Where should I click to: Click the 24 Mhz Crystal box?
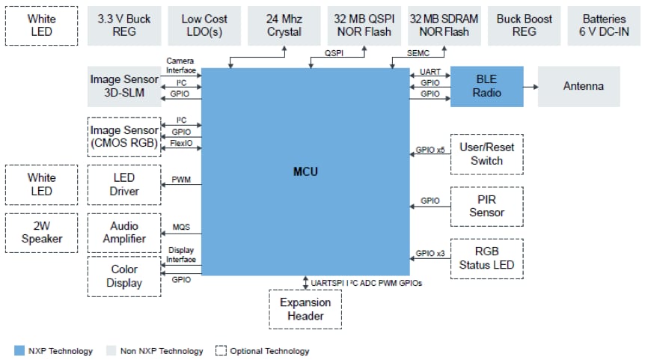284,25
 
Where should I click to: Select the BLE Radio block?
486,86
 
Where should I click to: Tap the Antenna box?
583,86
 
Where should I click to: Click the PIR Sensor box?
486,206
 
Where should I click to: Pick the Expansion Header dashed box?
306,309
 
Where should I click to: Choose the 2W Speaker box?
41,233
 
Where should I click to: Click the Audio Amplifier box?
124,233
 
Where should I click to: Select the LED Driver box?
124,185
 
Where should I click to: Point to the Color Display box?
124,276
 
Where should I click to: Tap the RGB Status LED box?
486,257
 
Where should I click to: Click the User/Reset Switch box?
486,154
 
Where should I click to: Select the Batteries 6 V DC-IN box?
605,25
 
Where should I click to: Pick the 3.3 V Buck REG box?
124,25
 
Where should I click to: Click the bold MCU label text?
305,172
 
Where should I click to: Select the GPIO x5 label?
430,150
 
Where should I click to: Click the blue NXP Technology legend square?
19,350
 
